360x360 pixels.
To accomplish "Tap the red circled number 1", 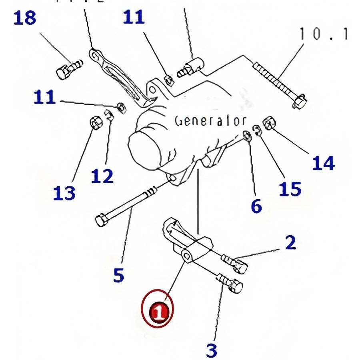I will (x=159, y=311).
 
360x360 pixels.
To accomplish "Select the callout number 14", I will (x=323, y=163).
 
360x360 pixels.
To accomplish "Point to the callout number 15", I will (x=290, y=189).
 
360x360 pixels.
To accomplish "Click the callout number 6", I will (x=256, y=206).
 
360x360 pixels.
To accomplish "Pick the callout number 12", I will (x=102, y=176).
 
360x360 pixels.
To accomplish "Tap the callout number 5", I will (x=118, y=275).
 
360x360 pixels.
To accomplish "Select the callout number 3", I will (x=212, y=350).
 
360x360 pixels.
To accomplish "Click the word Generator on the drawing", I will (x=210, y=121).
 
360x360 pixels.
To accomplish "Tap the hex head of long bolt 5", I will (x=101, y=220).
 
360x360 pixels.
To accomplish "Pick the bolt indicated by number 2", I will (x=236, y=262).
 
